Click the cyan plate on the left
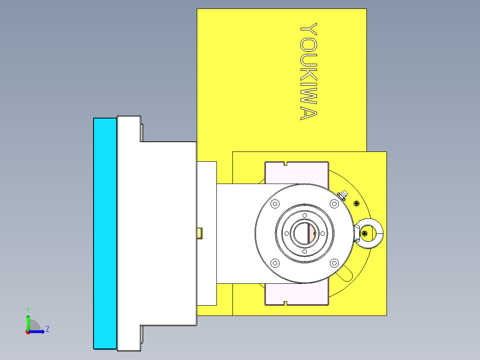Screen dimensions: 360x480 point(105,233)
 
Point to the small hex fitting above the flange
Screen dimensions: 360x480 point(343,195)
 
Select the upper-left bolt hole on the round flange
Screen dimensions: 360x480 point(275,204)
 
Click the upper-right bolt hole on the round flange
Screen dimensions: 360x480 point(334,204)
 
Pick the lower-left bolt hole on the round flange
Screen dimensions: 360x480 point(275,263)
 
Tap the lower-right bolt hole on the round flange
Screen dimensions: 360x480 point(334,263)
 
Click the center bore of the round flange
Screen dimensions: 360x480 point(304,233)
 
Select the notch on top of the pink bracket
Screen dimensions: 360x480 point(285,163)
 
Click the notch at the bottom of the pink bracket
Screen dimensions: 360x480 point(285,303)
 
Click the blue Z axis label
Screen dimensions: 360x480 point(47,329)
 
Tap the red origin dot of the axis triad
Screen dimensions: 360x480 point(28,331)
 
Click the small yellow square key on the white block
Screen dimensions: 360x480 point(200,233)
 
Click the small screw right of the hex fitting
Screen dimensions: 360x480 point(356,203)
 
